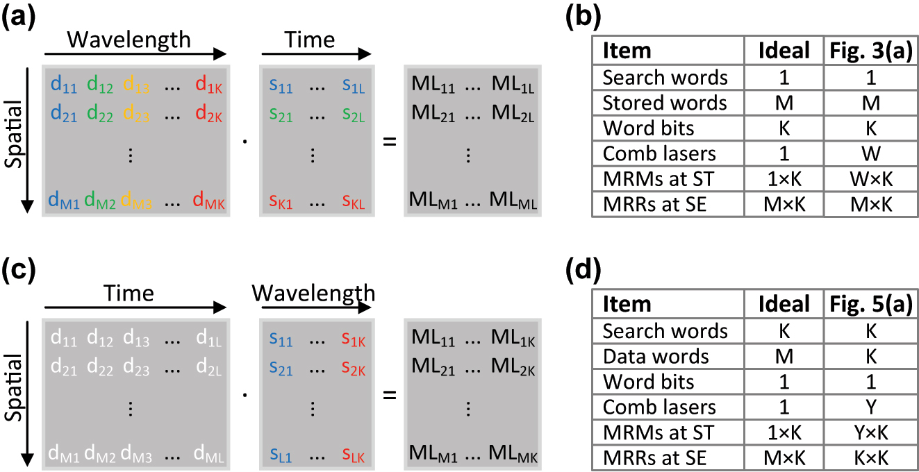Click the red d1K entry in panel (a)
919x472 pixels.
point(210,85)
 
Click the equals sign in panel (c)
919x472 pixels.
point(390,395)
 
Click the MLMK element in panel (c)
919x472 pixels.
point(515,455)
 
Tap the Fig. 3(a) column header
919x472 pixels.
point(870,51)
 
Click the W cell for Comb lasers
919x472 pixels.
point(870,154)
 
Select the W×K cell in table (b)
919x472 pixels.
point(870,180)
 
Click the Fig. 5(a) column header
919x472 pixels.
point(870,304)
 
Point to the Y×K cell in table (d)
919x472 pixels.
point(870,433)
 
